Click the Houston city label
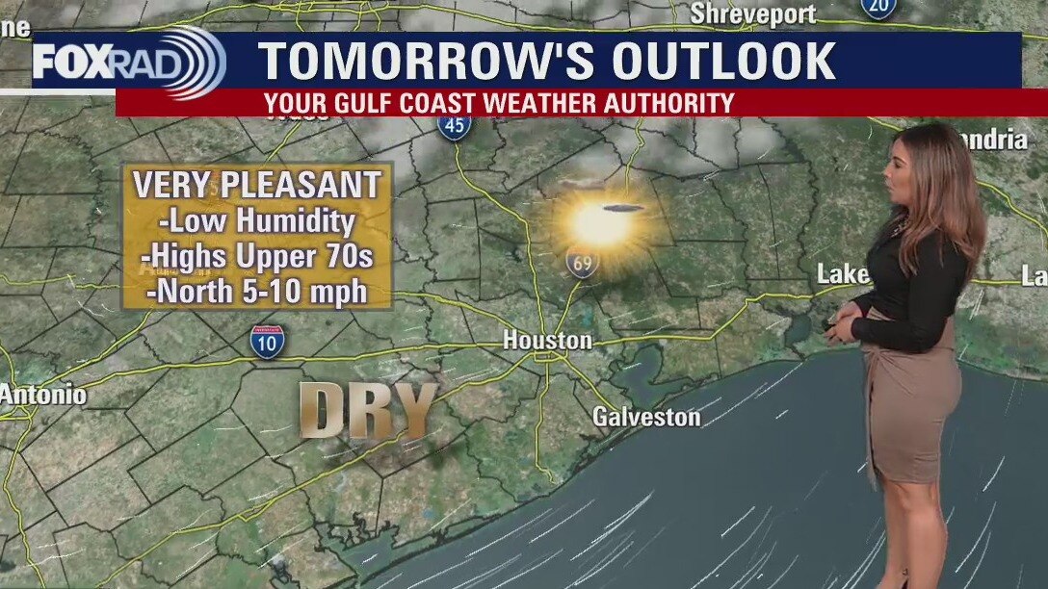tap(547, 341)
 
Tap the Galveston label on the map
tap(645, 417)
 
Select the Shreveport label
tap(753, 14)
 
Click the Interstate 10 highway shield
tap(267, 342)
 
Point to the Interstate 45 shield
tap(454, 125)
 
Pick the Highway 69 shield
tap(582, 262)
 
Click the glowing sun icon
tap(601, 224)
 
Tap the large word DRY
tap(369, 411)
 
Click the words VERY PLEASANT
tap(257, 185)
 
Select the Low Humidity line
tap(257, 222)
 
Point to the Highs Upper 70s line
tap(257, 257)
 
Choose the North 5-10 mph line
tap(257, 291)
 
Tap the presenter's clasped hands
tap(840, 327)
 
